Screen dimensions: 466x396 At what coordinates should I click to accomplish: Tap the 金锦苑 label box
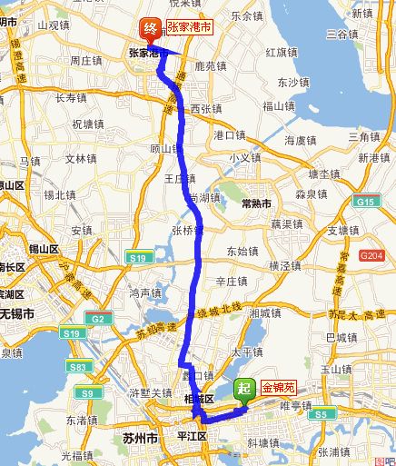coord(280,385)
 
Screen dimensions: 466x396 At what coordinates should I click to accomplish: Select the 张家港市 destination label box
coord(188,28)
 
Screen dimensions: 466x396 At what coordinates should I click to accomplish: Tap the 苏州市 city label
coord(139,438)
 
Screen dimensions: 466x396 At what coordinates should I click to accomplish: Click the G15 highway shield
coord(365,201)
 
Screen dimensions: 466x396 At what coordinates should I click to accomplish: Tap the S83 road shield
coord(80,366)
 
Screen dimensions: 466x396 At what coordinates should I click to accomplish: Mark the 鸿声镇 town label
coord(145,292)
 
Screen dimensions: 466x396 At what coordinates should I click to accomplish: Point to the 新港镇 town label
coord(371,158)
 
